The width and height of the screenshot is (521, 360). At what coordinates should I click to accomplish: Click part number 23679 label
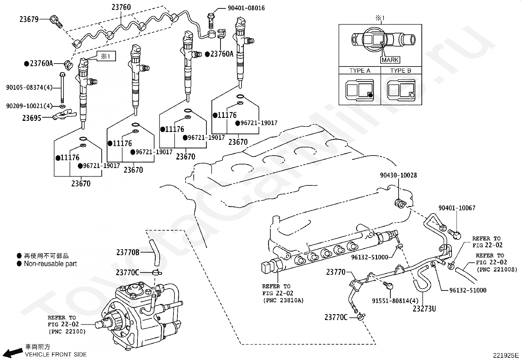pos(29,19)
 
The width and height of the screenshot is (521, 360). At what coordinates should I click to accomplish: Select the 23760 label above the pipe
pos(121,7)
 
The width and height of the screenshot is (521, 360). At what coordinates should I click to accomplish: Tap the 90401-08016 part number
pos(246,8)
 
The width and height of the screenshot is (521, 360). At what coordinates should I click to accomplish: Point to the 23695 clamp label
pos(32,118)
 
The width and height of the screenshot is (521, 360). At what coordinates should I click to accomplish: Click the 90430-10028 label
pos(398,175)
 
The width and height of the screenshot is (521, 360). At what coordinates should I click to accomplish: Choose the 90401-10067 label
pos(457,208)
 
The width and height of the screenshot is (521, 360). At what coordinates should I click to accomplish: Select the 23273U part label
pos(424,309)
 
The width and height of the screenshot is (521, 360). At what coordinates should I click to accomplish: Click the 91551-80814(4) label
pos(395,301)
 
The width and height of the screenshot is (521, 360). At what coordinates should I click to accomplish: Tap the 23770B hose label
pos(128,252)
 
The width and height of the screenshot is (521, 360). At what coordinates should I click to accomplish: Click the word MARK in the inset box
pos(390,60)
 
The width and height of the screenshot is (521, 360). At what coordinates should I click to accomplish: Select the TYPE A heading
pos(360,70)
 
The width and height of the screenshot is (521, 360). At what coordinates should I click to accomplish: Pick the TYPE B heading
pos(401,70)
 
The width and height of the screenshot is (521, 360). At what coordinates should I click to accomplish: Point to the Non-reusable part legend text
pos(50,264)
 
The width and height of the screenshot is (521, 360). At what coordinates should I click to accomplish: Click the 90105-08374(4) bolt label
pos(29,87)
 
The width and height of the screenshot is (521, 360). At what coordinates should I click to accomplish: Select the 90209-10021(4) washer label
pos(29,106)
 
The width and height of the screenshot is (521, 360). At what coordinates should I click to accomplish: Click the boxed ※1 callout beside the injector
pos(106,56)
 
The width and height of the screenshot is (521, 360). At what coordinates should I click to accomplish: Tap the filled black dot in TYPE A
pos(370,95)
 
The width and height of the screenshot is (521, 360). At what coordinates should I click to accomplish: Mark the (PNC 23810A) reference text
pos(283,301)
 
